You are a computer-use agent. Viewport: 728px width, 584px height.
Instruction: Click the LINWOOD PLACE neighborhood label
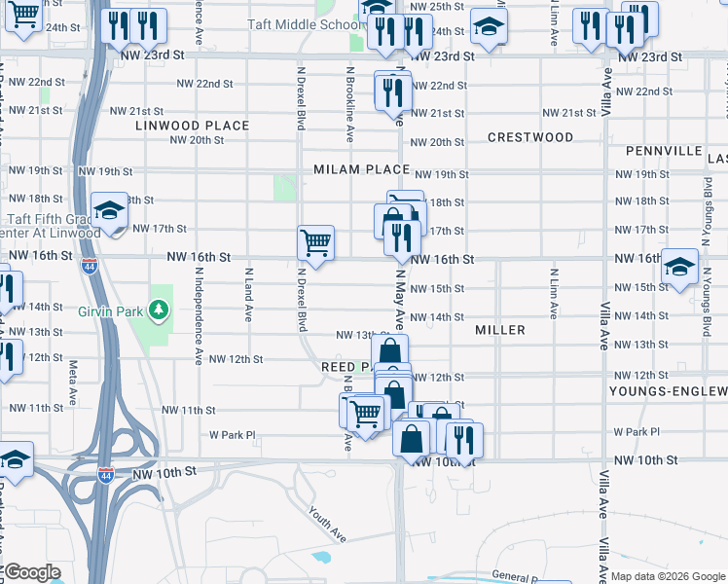192,126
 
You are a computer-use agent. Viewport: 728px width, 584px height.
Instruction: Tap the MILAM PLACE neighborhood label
361,169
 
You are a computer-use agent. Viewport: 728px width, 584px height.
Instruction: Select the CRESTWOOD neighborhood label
529,137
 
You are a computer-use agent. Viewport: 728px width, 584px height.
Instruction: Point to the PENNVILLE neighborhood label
664,151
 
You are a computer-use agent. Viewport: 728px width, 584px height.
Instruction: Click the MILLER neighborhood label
500,330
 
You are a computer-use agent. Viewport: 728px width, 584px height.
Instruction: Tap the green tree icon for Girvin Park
158,311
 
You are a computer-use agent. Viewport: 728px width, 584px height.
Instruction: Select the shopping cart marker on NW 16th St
315,242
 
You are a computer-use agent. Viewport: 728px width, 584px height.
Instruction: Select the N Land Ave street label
249,295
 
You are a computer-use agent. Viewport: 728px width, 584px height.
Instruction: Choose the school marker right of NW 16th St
678,268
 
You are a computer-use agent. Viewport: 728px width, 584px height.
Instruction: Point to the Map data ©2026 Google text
667,576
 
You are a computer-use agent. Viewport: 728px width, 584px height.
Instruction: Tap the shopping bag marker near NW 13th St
389,352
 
